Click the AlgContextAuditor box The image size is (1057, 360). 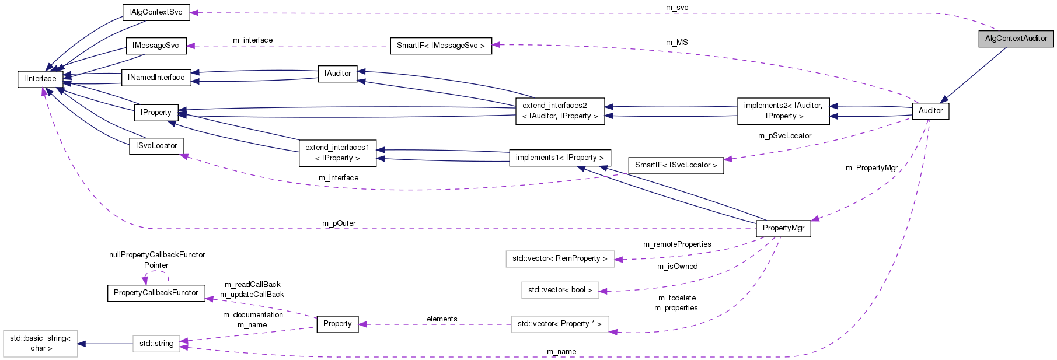tap(1016, 39)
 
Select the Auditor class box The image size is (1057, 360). tap(930, 111)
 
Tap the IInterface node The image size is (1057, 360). tap(40, 79)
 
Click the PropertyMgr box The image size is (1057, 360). tap(783, 228)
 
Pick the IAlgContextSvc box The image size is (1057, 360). tap(156, 12)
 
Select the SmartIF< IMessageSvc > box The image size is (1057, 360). tap(441, 46)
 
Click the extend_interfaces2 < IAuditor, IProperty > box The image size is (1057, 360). tap(560, 111)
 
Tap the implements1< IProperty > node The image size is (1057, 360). tap(560, 158)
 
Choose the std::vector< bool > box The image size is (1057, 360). tap(560, 290)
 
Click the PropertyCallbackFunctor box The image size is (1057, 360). tap(156, 293)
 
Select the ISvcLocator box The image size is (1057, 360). tap(156, 146)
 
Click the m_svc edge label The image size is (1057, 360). tap(677, 8)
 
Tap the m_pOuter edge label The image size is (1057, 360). tap(339, 223)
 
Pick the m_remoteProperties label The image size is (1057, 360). tap(677, 244)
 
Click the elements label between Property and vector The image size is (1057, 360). tap(442, 319)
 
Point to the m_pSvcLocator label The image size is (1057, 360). tap(784, 136)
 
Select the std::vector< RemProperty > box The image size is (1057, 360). tap(560, 258)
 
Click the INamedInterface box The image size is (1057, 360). tap(156, 78)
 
